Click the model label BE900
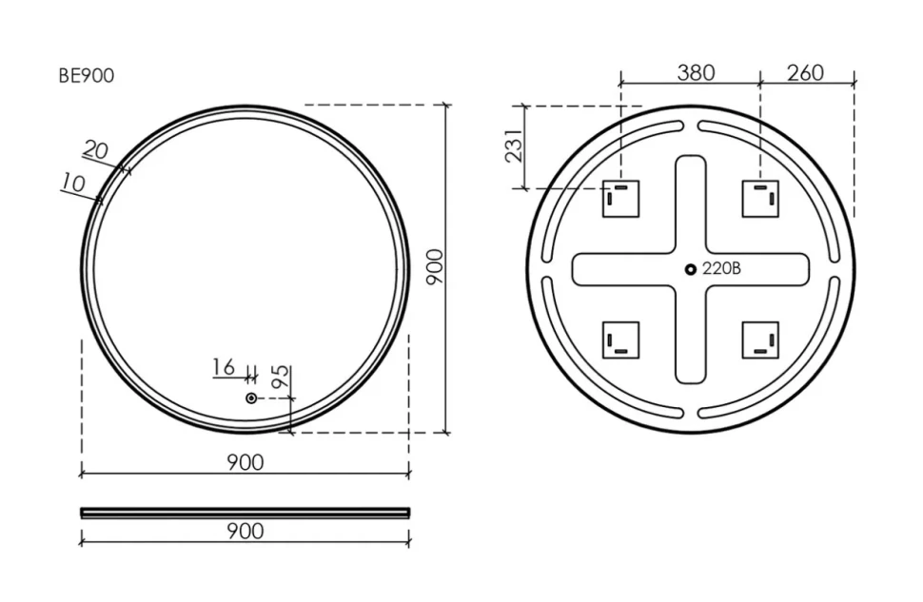[x=86, y=76]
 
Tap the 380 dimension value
[x=696, y=72]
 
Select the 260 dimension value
[x=805, y=72]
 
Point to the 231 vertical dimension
[x=514, y=146]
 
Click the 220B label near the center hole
[x=721, y=268]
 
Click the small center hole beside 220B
[x=691, y=269]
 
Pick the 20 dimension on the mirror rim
[x=95, y=149]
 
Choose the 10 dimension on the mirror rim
[x=73, y=183]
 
